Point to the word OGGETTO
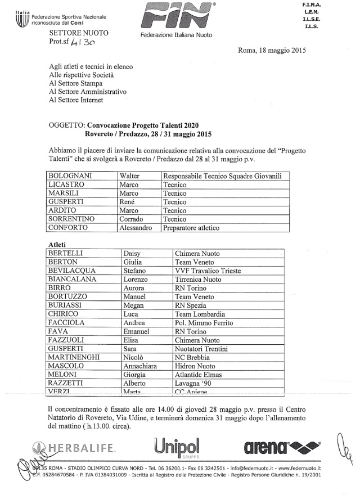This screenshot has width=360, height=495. point(65,125)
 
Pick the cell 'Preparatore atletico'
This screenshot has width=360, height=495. point(191,228)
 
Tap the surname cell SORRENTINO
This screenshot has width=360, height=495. point(74,219)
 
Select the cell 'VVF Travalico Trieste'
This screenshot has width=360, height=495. point(208,271)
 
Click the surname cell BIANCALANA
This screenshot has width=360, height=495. point(73,279)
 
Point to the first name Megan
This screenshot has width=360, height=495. point(134,305)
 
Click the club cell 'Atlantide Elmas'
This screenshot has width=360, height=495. point(198,375)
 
